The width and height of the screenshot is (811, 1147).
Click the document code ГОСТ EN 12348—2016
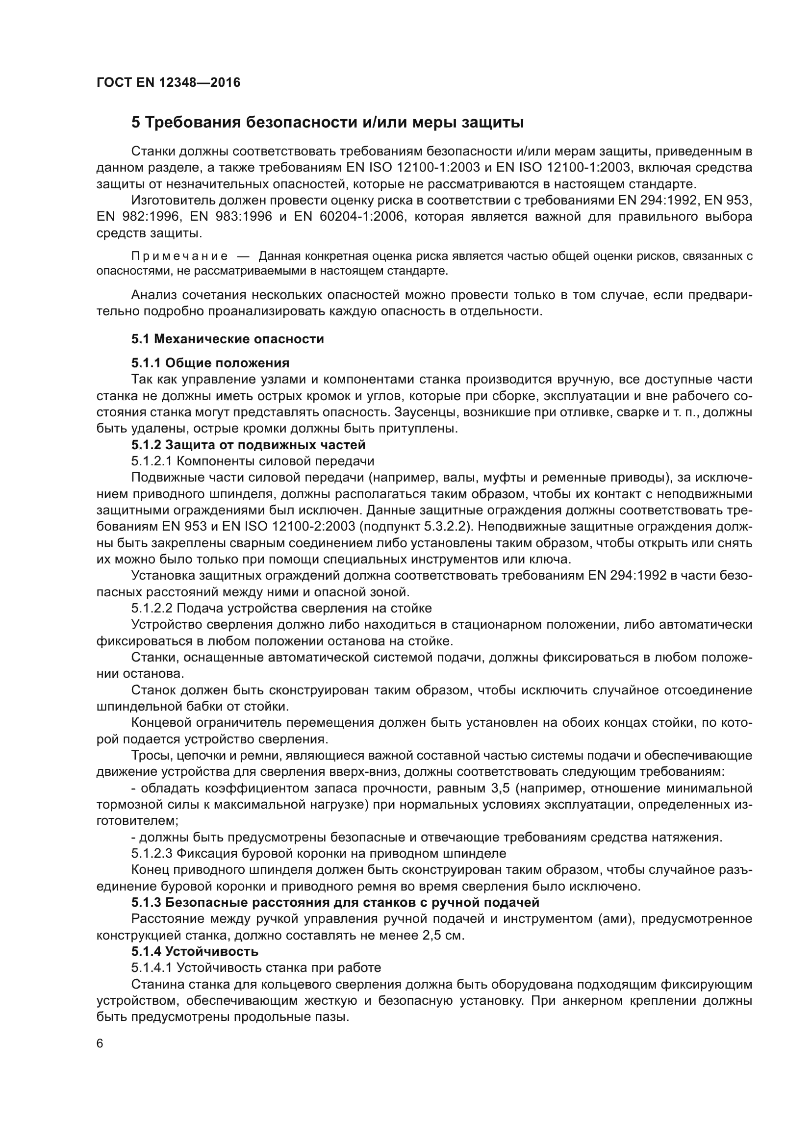[x=168, y=82]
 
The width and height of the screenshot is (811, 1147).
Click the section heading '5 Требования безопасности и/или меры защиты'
[x=327, y=123]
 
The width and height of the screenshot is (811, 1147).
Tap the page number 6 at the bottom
[x=100, y=1044]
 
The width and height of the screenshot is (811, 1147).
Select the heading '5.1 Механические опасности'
[x=227, y=339]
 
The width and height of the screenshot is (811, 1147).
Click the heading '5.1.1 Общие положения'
[x=210, y=363]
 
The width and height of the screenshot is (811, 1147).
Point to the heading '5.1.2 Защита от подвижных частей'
[x=248, y=445]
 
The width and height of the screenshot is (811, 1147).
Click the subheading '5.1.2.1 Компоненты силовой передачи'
[x=253, y=461]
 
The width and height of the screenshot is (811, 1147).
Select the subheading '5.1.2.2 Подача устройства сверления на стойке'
[x=281, y=608]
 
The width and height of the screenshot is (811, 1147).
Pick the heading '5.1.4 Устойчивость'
[x=195, y=951]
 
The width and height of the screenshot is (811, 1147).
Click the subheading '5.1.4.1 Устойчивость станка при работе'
[x=256, y=968]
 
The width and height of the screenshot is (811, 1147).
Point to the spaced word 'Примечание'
[x=179, y=257]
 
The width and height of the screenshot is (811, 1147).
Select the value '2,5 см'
[x=443, y=935]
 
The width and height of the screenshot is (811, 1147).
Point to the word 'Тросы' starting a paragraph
[x=147, y=755]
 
